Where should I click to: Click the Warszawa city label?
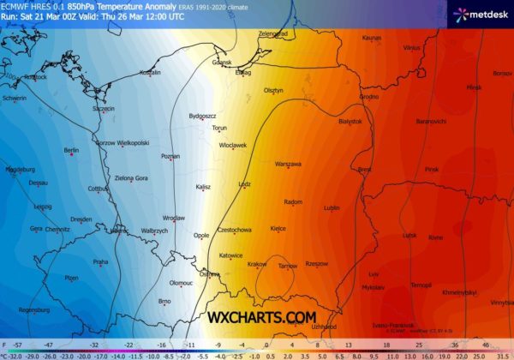click(x=289, y=163)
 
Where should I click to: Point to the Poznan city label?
click(x=170, y=156)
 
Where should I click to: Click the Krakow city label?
click(x=257, y=264)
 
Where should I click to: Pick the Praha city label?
click(x=100, y=261)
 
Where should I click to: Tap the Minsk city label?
click(x=474, y=87)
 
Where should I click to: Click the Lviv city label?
click(x=373, y=273)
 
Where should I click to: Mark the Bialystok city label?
click(x=351, y=122)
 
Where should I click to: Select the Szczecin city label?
click(x=103, y=109)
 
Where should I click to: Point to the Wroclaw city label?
click(x=174, y=218)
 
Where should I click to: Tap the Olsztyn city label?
click(x=273, y=89)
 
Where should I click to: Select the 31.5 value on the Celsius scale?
click(x=502, y=354)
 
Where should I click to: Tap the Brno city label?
click(x=166, y=301)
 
